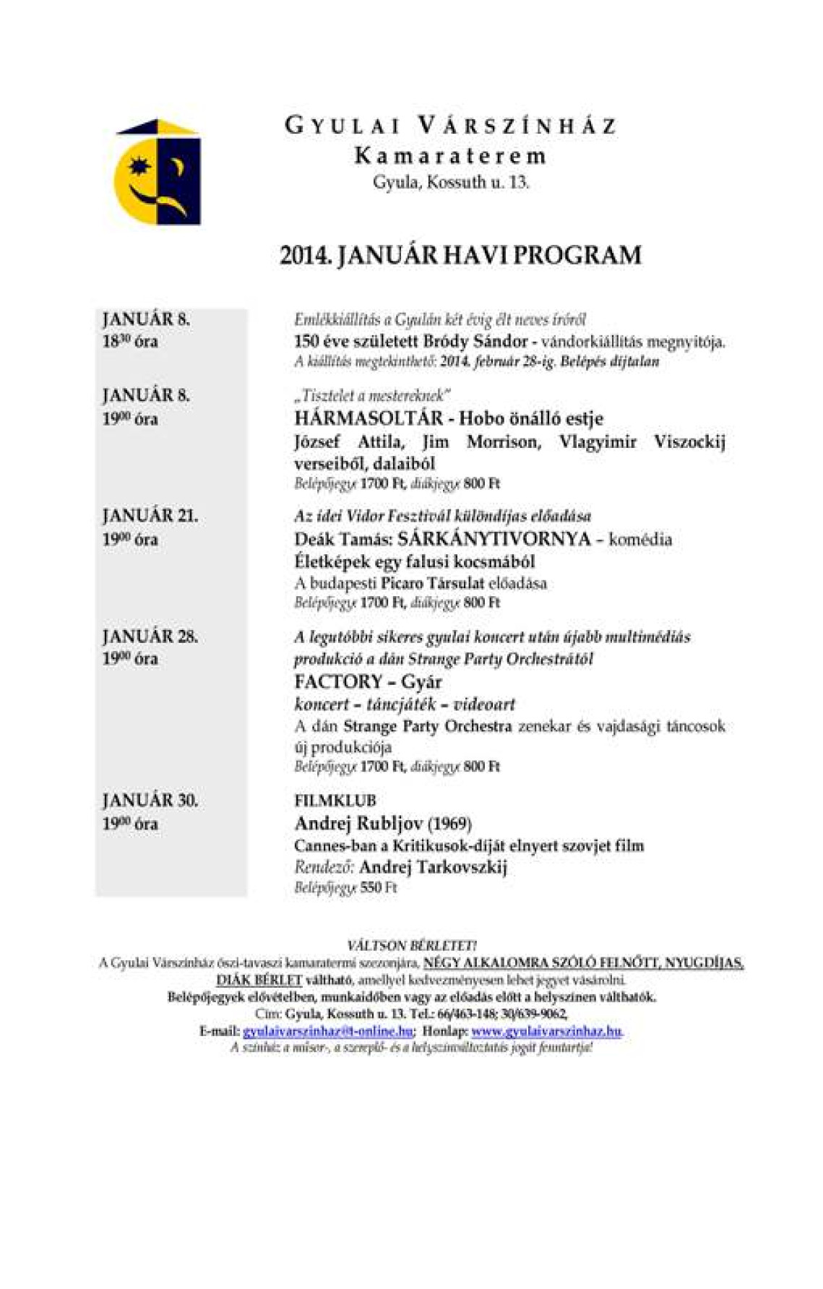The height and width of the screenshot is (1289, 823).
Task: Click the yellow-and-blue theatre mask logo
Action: tap(158, 171)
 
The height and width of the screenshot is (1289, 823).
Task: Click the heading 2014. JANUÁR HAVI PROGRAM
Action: tap(460, 255)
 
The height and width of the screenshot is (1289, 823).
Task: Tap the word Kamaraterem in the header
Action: tap(450, 155)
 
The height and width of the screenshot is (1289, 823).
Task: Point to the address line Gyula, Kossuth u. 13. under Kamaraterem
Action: tap(450, 182)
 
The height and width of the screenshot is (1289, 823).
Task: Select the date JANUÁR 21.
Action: tap(150, 516)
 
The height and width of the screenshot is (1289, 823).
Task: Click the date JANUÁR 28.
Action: tap(150, 636)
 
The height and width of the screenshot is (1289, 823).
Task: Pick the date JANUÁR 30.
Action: tap(150, 800)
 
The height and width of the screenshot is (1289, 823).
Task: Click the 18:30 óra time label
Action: tap(129, 341)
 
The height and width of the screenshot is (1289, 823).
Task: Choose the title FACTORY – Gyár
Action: tap(368, 681)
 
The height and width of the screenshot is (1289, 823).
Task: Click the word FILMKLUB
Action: tap(335, 801)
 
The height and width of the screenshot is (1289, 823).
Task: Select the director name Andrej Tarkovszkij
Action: tap(433, 867)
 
